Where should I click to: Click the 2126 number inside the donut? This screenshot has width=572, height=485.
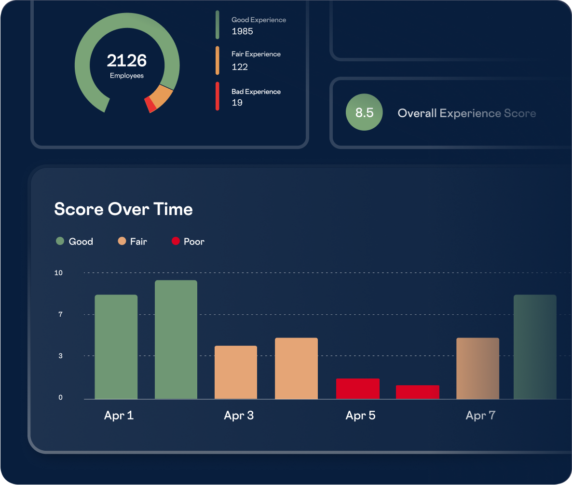coord(126,61)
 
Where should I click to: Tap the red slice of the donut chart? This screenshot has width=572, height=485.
coord(150,105)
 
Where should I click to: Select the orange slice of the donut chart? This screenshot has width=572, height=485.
coord(161,96)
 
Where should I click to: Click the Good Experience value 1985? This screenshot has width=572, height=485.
coord(242,32)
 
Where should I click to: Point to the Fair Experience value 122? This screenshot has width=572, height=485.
coord(240,67)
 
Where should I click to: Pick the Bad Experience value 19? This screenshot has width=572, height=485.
coord(237,103)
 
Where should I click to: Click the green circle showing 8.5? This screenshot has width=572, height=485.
coord(364,112)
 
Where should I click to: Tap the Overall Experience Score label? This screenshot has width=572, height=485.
coord(466,113)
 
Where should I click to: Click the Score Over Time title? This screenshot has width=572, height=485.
coord(123,209)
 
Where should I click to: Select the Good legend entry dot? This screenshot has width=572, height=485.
coord(60,241)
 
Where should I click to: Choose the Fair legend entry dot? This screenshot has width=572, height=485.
coord(122,241)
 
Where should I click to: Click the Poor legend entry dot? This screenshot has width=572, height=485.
coord(176,241)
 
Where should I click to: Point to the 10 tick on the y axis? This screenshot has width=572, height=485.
coord(58,273)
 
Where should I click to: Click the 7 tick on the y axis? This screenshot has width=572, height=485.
coord(60,314)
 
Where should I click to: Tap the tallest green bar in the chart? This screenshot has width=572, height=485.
coord(176,339)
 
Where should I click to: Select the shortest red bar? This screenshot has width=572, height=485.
coord(418,392)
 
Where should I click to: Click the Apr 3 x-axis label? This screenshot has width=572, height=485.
coord(239,416)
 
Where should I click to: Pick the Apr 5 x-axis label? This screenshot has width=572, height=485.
coord(360,416)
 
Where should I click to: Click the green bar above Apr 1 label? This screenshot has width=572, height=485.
coord(116,347)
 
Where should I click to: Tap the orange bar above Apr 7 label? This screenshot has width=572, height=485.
coord(477,368)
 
